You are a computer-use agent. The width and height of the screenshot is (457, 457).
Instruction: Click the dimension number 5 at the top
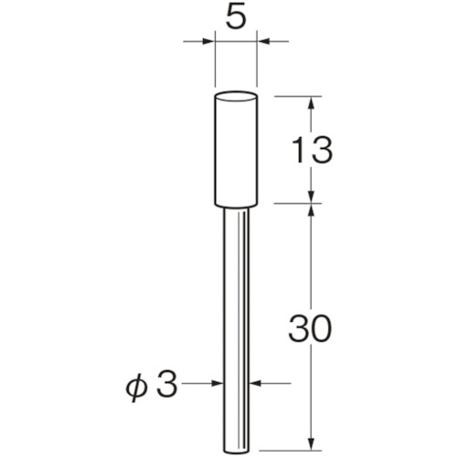point(236,17)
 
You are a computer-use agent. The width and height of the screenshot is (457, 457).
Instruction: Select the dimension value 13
point(312,150)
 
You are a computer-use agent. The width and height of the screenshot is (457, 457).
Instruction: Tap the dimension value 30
point(310,328)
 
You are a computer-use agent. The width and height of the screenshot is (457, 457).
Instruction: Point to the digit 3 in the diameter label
point(165,384)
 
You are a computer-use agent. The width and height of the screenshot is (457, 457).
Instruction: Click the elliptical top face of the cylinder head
point(236,97)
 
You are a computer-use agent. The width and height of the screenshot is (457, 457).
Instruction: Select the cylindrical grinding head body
point(236,149)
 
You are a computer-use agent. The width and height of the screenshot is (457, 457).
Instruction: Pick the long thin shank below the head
point(237,332)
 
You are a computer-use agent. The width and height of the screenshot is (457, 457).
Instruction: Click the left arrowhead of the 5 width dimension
point(208,41)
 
